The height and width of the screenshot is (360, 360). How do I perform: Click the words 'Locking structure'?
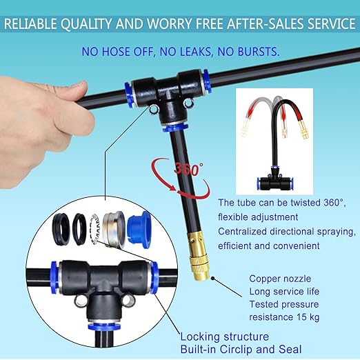[224, 337]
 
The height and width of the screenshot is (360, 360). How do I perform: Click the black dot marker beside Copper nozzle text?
[213, 279]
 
